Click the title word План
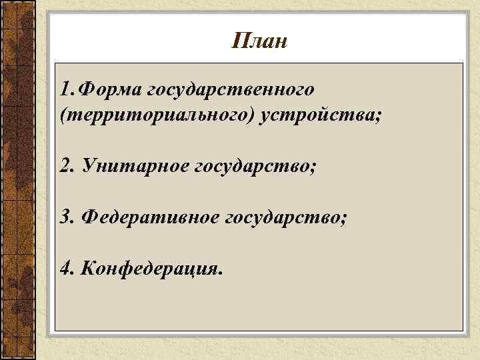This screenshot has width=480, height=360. coord(261,41)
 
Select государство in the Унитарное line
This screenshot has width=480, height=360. coord(253,165)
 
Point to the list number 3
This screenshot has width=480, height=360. coord(65,218)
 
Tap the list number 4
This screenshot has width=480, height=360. coord(65,268)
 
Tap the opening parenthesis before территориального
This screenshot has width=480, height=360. coord(63,116)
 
